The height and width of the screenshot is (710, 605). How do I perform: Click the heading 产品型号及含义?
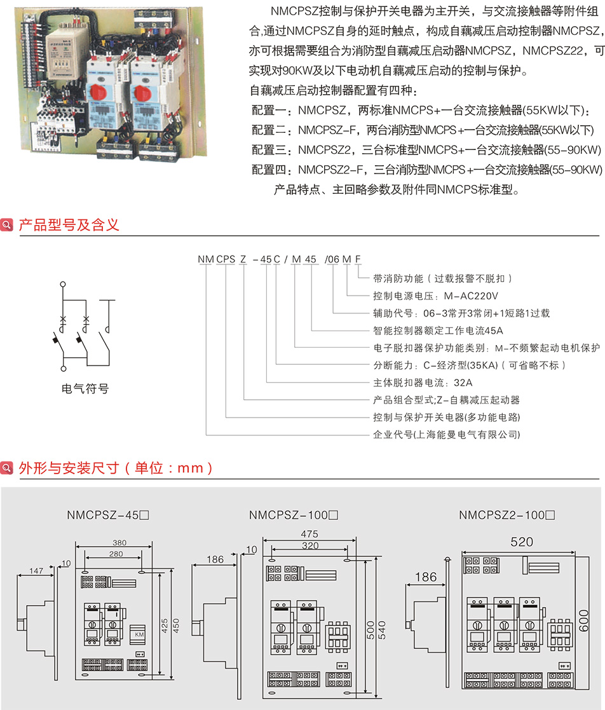[x=69, y=225]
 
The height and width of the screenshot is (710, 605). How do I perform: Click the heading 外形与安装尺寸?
[x=115, y=468]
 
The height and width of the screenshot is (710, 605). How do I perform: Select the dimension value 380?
[x=119, y=543]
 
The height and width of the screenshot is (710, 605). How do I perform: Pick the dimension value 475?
[x=310, y=535]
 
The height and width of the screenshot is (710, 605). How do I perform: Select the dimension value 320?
[x=310, y=545]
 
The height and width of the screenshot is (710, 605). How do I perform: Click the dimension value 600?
[x=585, y=620]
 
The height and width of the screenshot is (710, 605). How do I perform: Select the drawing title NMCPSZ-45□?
[x=107, y=515]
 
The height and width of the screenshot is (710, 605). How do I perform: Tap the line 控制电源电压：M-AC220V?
[x=435, y=296]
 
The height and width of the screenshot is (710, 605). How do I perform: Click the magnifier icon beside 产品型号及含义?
[x=8, y=226]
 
